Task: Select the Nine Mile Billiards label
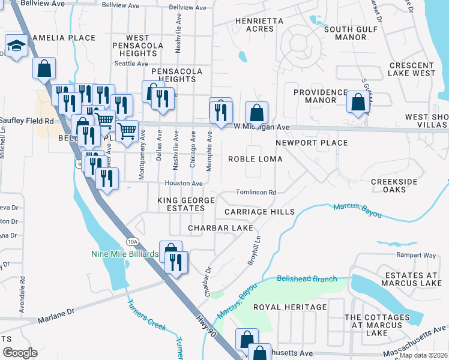(x=125, y=254)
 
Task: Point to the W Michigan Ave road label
(x=262, y=127)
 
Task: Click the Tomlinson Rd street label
(x=256, y=192)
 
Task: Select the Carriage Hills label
(x=259, y=212)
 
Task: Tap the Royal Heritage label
(x=290, y=307)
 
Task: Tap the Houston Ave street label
(x=184, y=183)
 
